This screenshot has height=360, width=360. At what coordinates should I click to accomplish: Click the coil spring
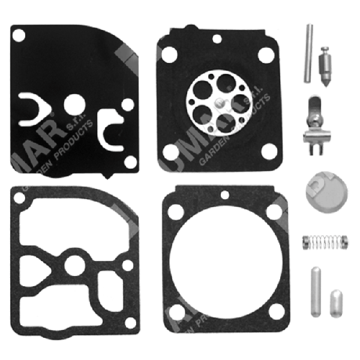(325, 243)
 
